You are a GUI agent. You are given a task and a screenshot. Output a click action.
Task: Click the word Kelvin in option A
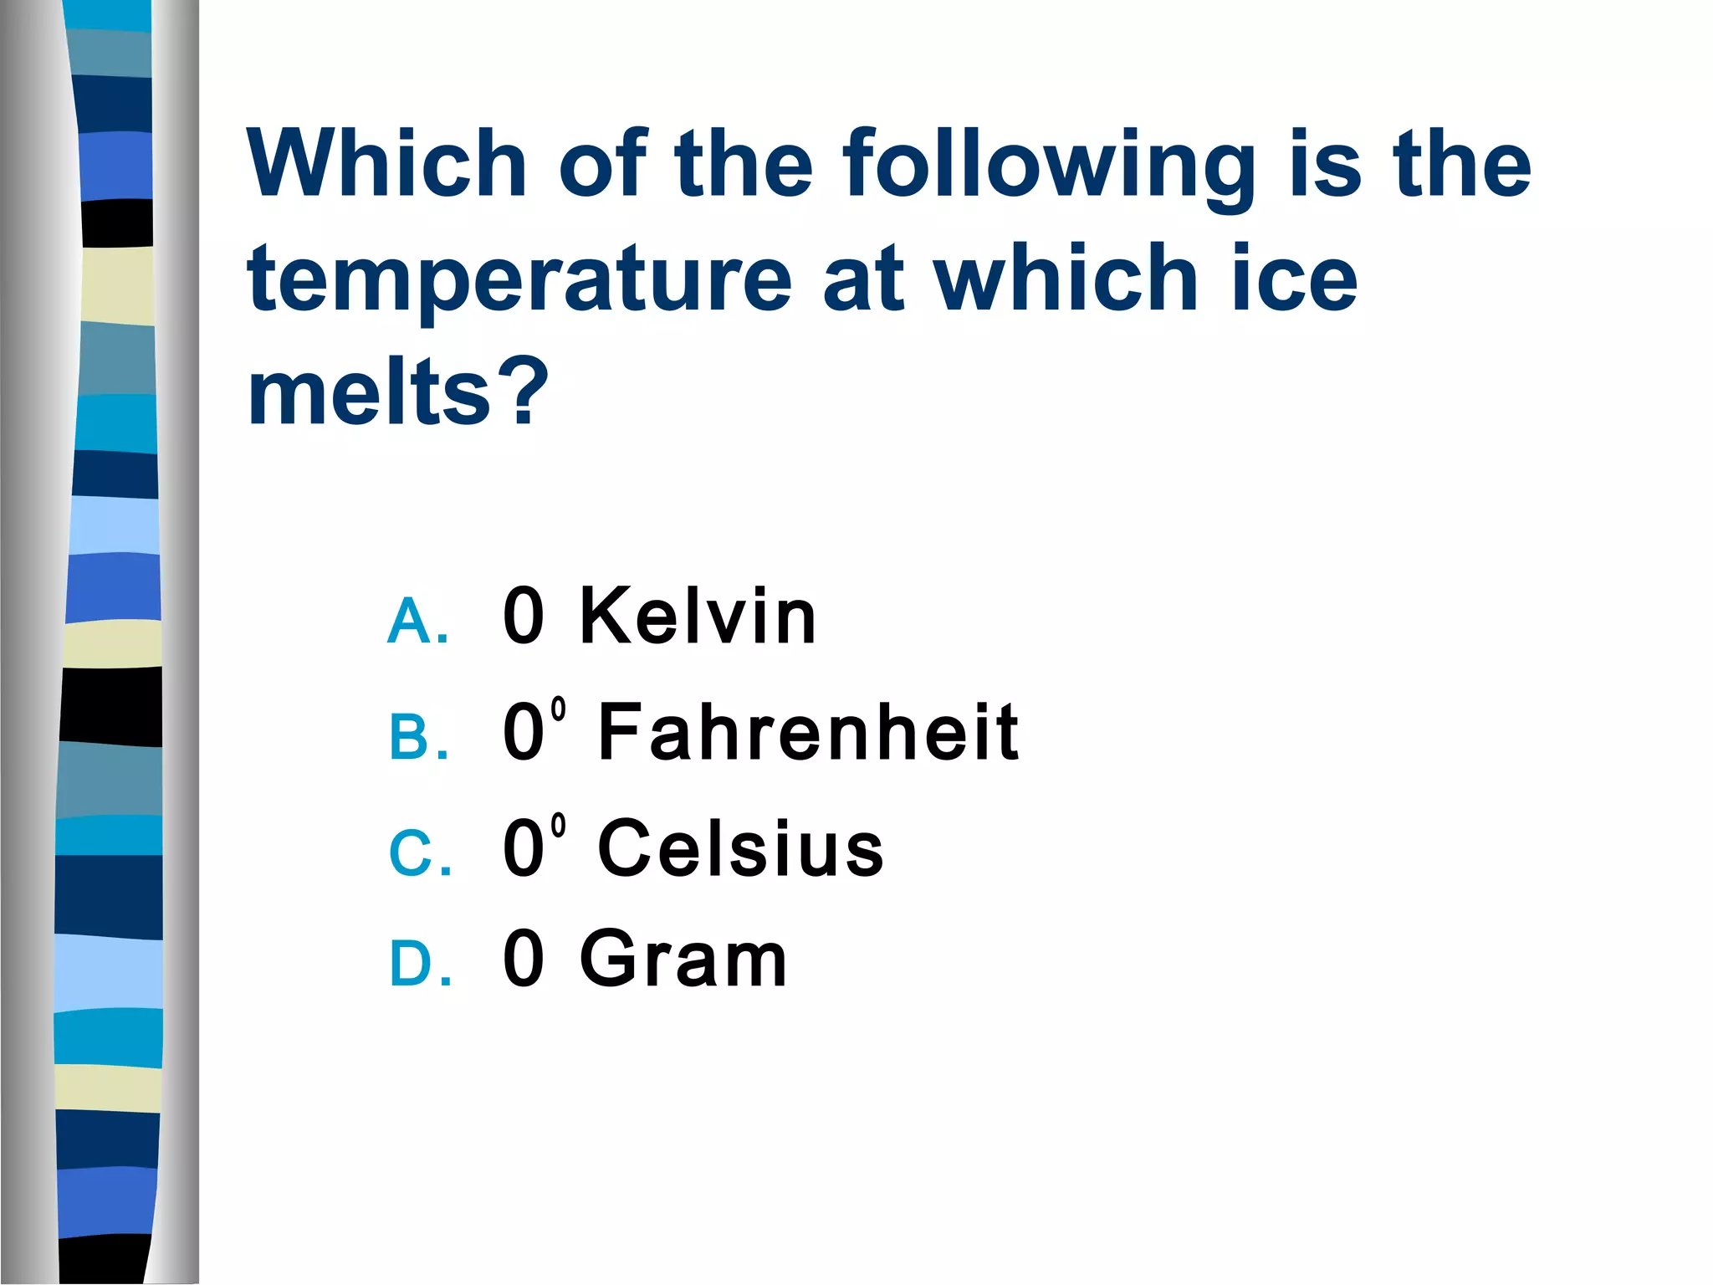698,617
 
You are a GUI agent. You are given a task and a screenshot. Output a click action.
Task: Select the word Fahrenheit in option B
808,733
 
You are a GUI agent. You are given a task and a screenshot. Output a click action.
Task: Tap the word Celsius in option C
740,848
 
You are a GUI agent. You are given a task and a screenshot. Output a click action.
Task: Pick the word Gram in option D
683,959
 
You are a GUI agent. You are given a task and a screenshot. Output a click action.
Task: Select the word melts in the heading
369,392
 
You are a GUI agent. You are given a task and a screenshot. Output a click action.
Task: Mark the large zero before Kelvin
524,617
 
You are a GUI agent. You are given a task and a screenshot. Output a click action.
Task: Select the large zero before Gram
524,959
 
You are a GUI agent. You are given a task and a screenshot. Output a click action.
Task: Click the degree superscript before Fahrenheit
559,709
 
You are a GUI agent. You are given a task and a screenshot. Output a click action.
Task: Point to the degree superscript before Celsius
559,826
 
